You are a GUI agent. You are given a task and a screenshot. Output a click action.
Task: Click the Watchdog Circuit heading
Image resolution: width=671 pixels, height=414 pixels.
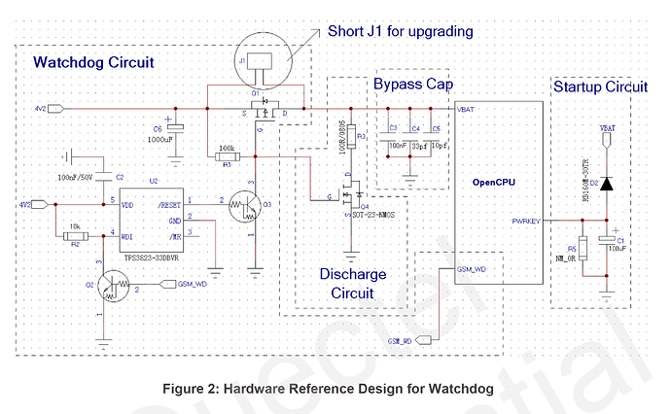(x=93, y=63)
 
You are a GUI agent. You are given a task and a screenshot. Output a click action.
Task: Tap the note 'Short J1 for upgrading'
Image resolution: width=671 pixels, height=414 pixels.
(x=400, y=32)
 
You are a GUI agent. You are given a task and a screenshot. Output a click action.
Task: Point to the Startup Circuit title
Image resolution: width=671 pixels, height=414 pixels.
(x=599, y=86)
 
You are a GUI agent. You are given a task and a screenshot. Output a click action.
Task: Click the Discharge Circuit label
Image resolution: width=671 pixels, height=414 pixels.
(x=352, y=283)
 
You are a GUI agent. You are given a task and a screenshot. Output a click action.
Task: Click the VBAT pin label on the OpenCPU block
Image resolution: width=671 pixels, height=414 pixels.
(x=466, y=110)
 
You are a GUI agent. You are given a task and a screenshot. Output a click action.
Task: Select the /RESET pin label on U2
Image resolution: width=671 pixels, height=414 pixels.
(x=170, y=204)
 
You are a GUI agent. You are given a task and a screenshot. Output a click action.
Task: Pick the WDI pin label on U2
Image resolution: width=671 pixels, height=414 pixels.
(x=127, y=234)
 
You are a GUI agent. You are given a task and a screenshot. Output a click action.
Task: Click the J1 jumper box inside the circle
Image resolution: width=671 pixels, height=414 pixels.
(x=258, y=61)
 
